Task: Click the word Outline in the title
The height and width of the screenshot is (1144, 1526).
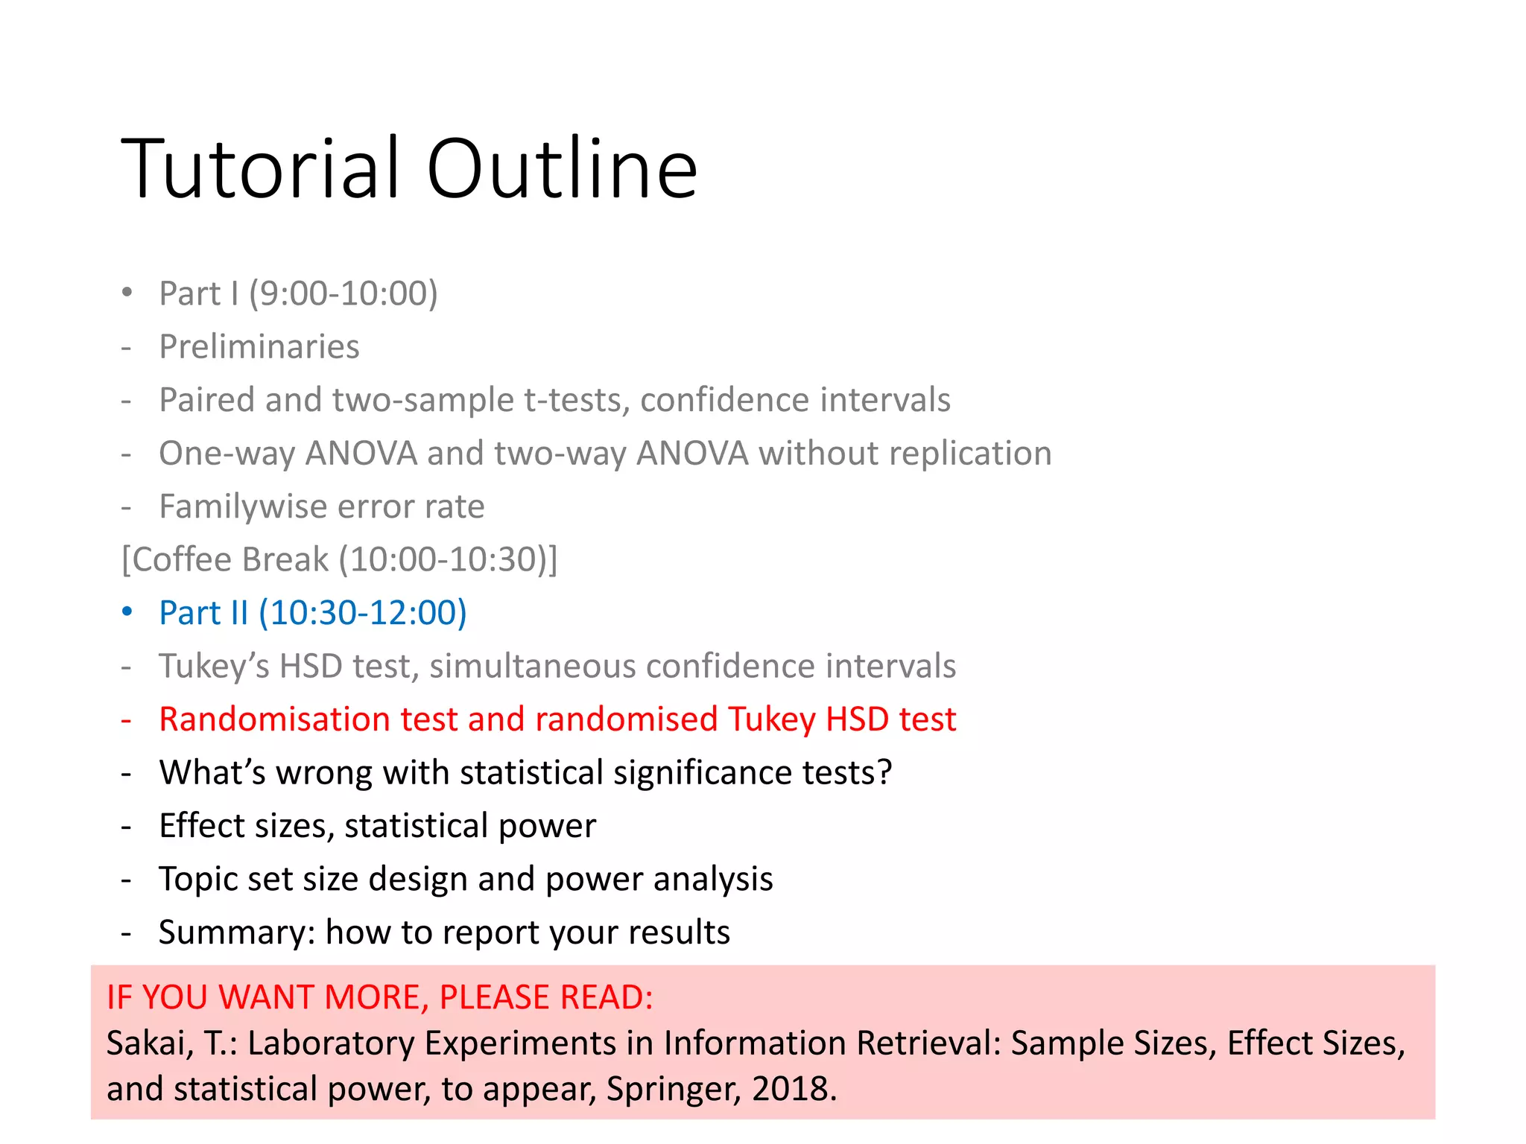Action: pos(562,169)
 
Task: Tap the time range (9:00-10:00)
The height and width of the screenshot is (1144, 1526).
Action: pos(343,293)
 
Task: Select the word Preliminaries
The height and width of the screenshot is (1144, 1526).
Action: pos(259,347)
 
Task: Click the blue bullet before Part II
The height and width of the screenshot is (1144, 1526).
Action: pos(127,612)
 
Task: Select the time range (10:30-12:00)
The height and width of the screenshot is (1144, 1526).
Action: pos(362,613)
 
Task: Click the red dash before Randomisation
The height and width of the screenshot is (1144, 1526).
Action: pos(127,720)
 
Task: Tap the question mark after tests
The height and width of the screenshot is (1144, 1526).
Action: pos(884,772)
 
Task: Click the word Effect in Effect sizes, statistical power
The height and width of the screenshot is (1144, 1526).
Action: pos(201,826)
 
